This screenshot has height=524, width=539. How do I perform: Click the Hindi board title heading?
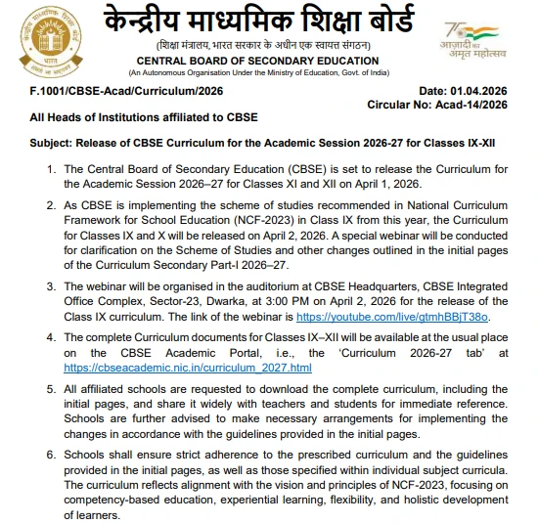point(269,22)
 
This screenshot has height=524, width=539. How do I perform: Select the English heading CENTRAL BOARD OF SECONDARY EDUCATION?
point(269,61)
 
